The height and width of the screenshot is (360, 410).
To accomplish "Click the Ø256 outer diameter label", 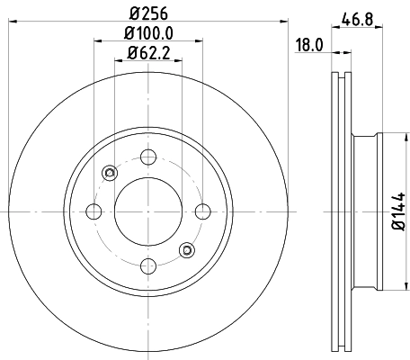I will click(x=145, y=13).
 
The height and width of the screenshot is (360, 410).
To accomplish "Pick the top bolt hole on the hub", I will click(x=146, y=158).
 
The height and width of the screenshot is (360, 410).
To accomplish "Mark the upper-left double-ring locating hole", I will click(x=110, y=173).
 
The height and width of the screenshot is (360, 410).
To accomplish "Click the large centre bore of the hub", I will click(x=146, y=211).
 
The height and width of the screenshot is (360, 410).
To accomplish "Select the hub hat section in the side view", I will click(x=369, y=211).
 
